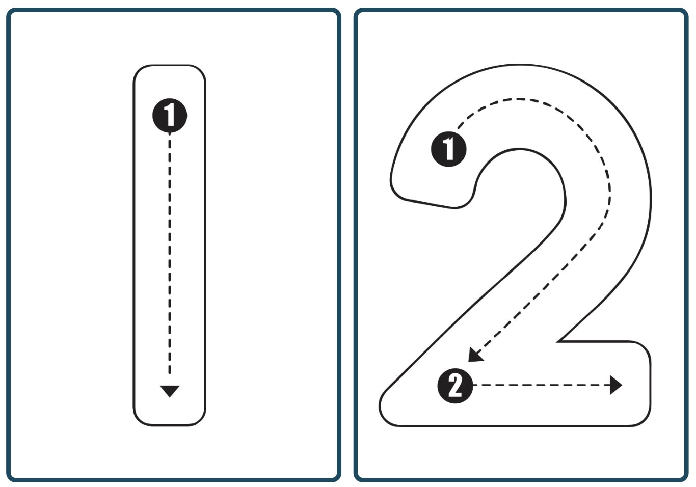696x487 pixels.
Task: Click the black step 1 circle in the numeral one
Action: (170, 116)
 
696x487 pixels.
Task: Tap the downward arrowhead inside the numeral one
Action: (170, 391)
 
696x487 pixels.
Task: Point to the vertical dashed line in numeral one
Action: (170, 255)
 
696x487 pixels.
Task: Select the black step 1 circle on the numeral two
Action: (449, 149)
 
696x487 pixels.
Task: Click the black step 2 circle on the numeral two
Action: (455, 386)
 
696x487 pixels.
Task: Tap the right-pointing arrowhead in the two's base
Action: (616, 385)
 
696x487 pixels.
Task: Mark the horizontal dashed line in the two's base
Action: (540, 385)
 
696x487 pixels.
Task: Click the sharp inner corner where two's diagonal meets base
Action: (559, 341)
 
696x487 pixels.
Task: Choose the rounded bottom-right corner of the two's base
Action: (644, 418)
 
